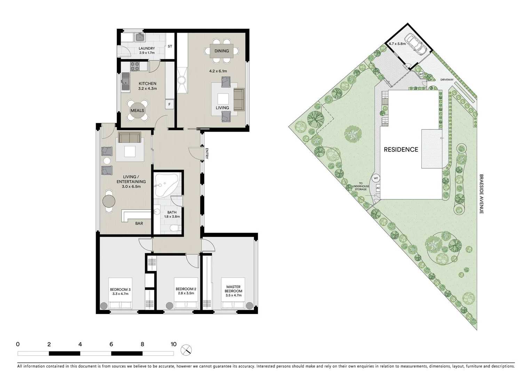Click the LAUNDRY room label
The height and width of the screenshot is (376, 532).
[146, 48]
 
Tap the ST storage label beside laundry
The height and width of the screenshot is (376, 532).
[170, 46]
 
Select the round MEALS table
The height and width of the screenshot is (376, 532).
[137, 111]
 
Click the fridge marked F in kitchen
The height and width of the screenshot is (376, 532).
[169, 104]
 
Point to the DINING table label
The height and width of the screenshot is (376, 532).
[222, 51]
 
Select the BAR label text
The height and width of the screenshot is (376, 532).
[139, 223]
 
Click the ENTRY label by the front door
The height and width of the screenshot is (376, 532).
[207, 154]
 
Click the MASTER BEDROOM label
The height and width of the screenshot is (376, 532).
[233, 289]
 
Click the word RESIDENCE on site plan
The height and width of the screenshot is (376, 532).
[401, 149]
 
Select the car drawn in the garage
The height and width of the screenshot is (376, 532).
[417, 44]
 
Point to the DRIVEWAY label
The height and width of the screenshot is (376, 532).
[447, 80]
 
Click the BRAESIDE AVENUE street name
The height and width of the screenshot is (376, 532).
[481, 194]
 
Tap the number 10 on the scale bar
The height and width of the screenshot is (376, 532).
[173, 344]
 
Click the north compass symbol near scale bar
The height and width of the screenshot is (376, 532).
[187, 350]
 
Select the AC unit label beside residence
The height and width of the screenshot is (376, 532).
[378, 188]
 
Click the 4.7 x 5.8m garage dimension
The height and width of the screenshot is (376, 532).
[397, 44]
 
